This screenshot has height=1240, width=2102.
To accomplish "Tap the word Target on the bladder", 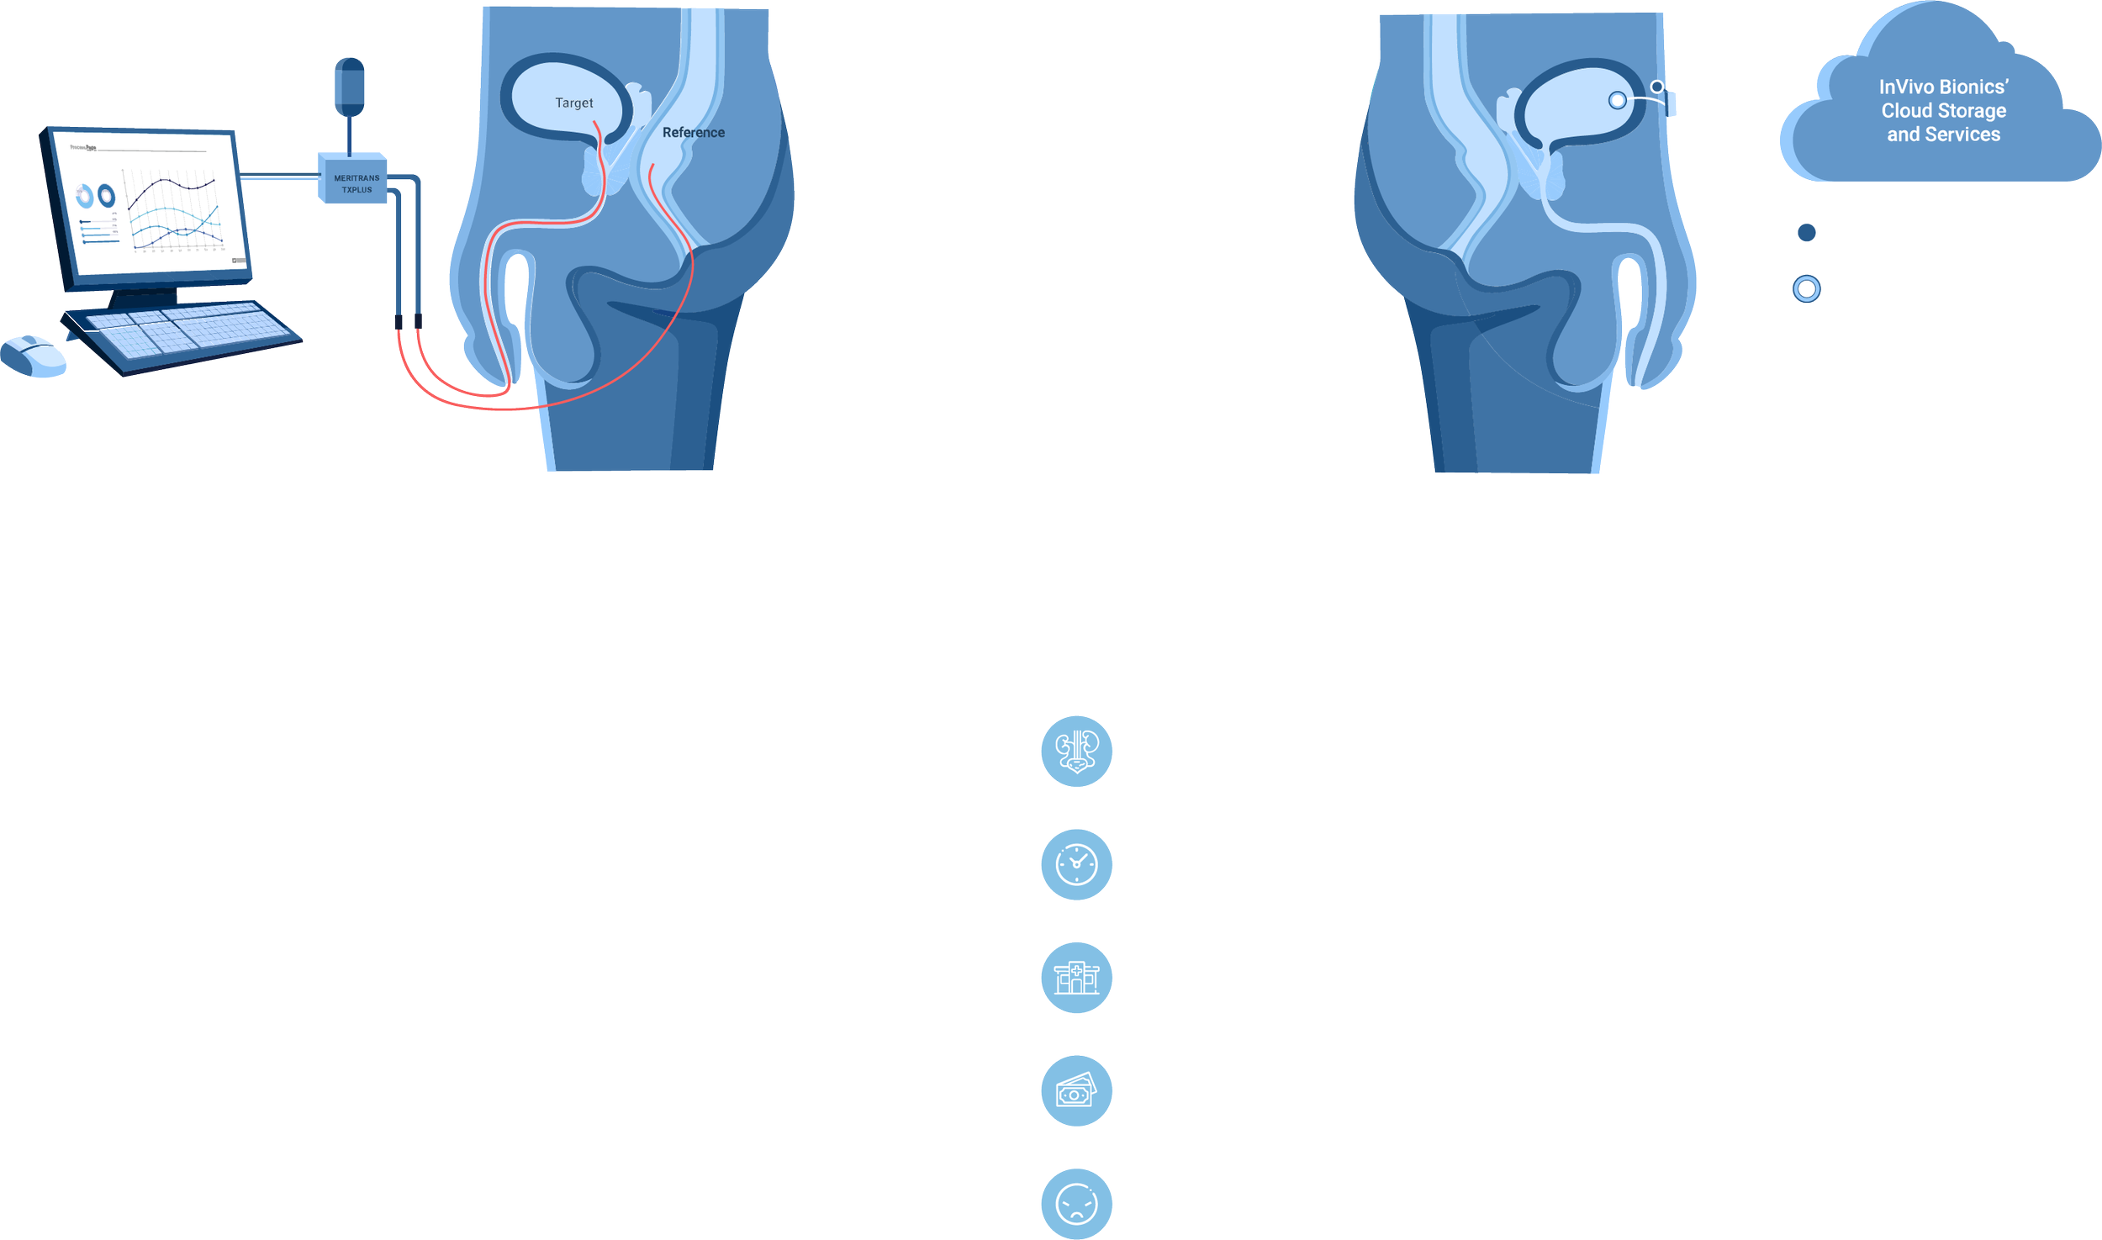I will [573, 103].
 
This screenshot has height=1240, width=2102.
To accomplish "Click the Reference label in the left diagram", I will [693, 132].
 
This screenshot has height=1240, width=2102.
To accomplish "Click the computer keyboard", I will [182, 333].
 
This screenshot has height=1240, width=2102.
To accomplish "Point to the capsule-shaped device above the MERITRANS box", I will [350, 87].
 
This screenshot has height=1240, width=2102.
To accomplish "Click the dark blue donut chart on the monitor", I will [106, 196].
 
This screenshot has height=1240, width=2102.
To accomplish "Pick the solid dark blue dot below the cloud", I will [1806, 233].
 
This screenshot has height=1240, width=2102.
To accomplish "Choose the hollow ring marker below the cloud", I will [1806, 289].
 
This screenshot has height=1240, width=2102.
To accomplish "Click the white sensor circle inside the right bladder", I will [1616, 101].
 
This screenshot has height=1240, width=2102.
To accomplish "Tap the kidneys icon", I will [1076, 751].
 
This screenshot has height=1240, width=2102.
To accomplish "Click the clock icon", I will [1076, 865].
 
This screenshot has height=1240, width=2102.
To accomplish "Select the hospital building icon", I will [1076, 978].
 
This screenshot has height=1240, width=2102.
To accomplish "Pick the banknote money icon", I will [1076, 1091].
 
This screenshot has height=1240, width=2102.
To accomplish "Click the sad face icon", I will [1076, 1204].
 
